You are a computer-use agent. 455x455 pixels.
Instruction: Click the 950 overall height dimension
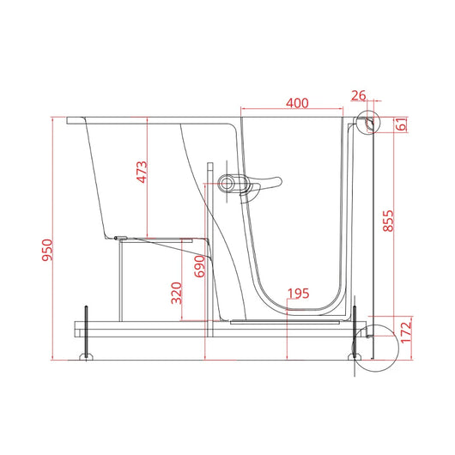47,250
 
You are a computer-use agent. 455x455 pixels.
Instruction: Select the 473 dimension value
143,172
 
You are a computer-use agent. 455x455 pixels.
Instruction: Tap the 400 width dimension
297,103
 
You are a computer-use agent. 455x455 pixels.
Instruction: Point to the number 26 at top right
358,95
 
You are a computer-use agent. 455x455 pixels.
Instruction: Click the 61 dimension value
403,124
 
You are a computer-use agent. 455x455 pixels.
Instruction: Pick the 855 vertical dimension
388,221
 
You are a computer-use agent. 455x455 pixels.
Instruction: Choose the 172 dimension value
406,332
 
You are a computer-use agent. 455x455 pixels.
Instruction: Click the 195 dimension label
298,294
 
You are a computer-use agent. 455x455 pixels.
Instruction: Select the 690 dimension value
200,266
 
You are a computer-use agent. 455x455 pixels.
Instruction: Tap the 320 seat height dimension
176,293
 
